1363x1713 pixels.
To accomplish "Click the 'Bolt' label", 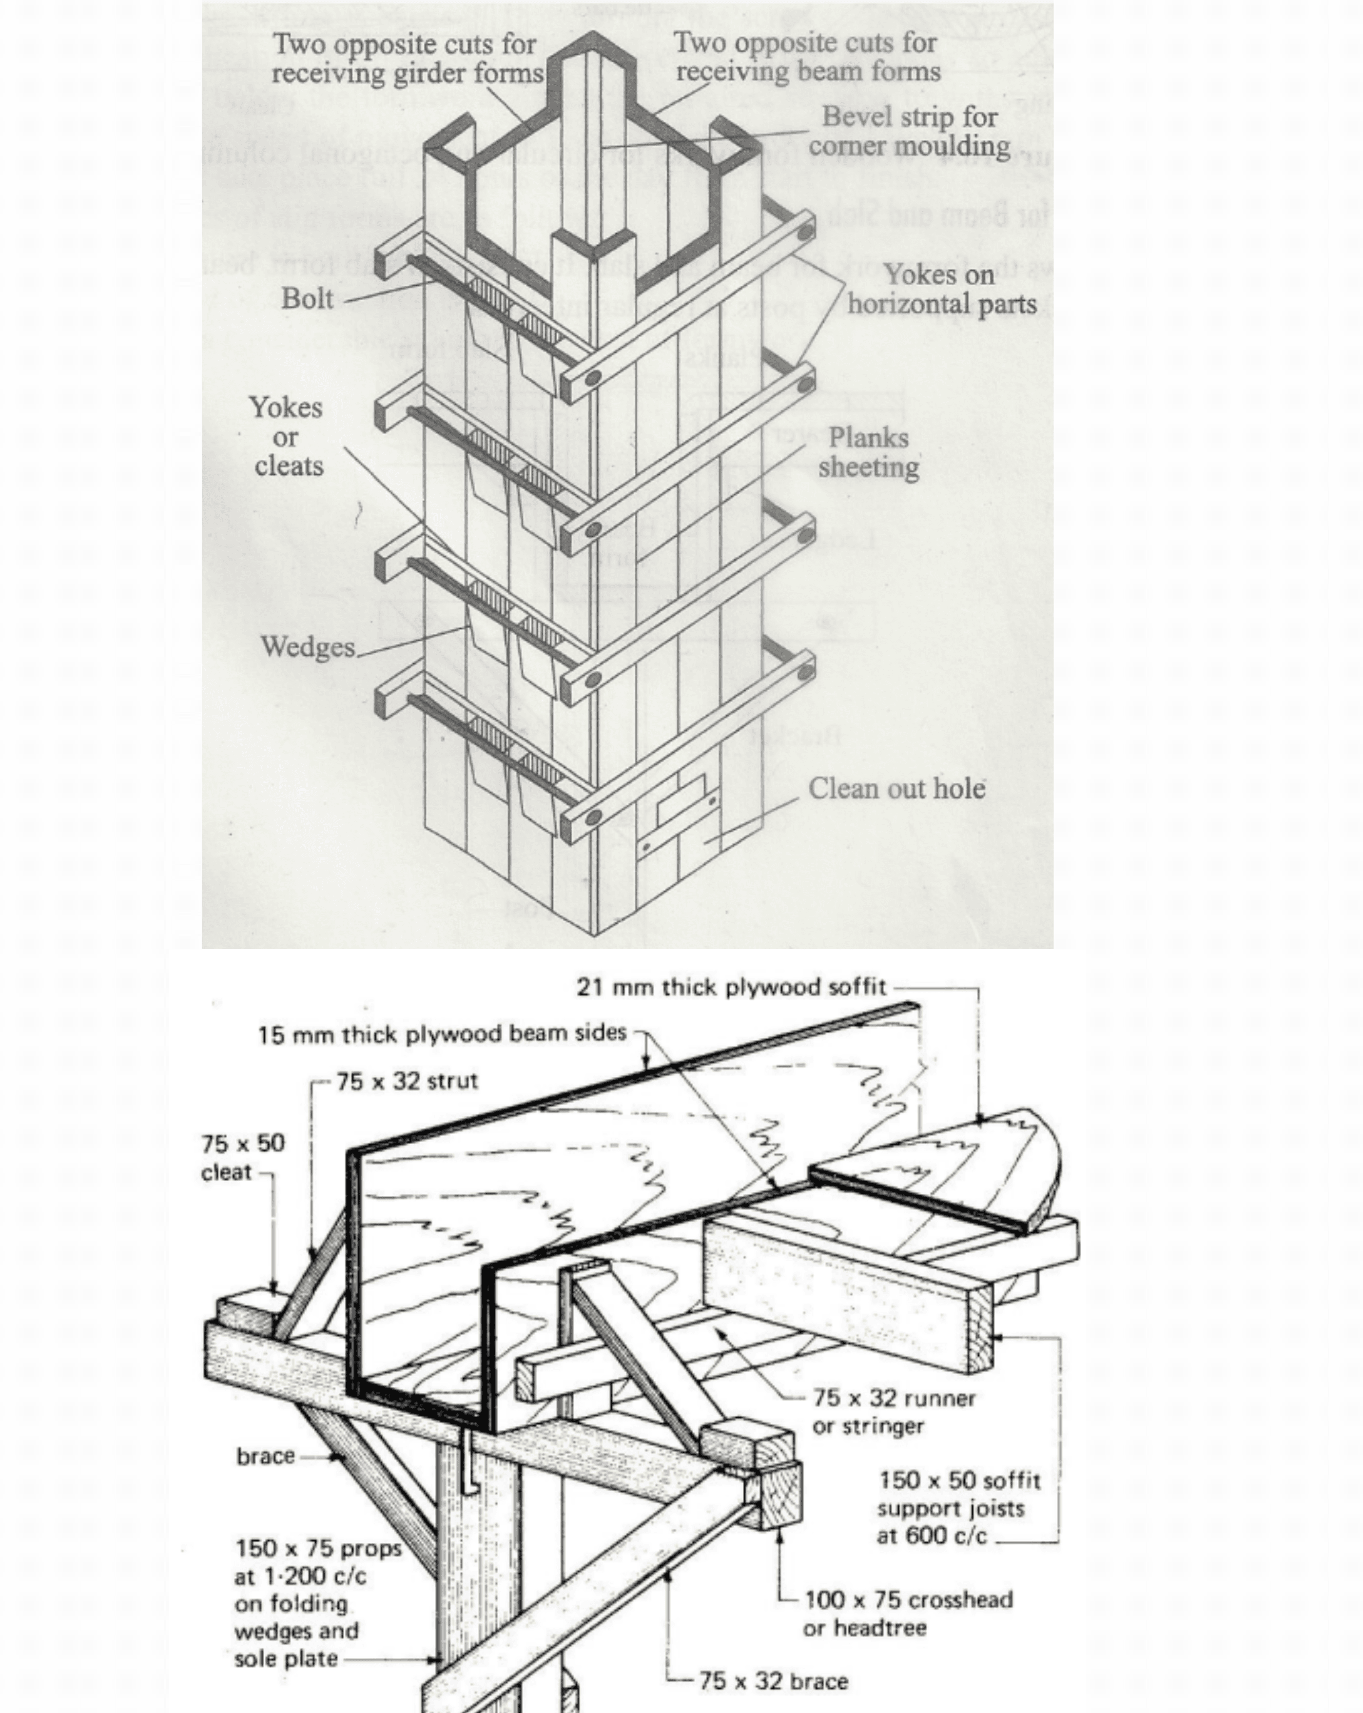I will coord(307,299).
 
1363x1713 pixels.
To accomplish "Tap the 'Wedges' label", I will coord(308,647).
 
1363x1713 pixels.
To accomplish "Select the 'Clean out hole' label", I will coord(896,789).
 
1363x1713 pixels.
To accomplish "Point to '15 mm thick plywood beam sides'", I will coord(442,1033).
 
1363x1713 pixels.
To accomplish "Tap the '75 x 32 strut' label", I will coord(407,1081).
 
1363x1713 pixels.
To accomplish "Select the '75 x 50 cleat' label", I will coord(242,1158).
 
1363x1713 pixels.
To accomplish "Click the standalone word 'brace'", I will coord(266,1456).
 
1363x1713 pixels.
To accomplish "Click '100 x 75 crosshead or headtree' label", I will coord(908,1614).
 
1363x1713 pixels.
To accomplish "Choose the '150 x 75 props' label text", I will coord(318,1549).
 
